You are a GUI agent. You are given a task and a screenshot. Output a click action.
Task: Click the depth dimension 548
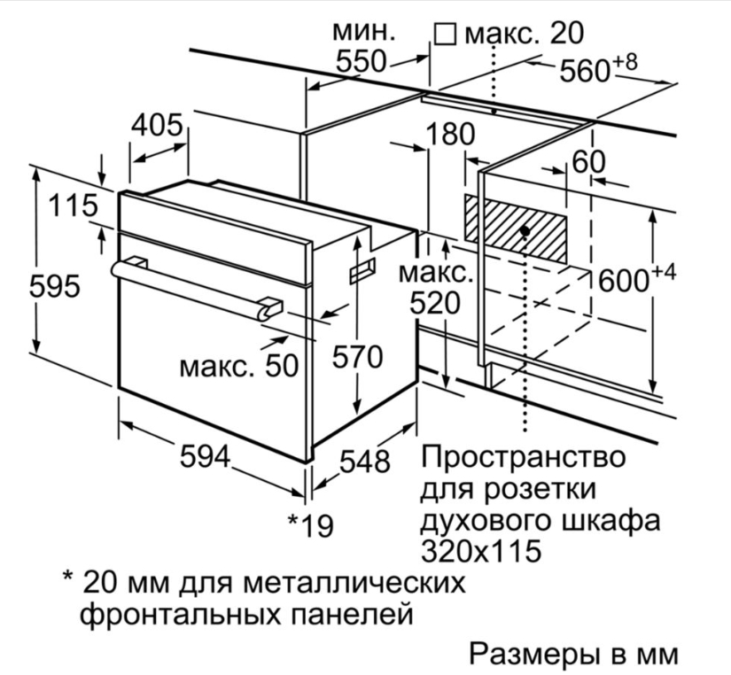pyautogui.click(x=364, y=460)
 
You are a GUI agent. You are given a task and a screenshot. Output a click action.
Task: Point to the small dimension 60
pyautogui.click(x=589, y=162)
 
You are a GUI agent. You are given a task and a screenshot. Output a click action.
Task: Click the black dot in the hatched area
pyautogui.click(x=526, y=230)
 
